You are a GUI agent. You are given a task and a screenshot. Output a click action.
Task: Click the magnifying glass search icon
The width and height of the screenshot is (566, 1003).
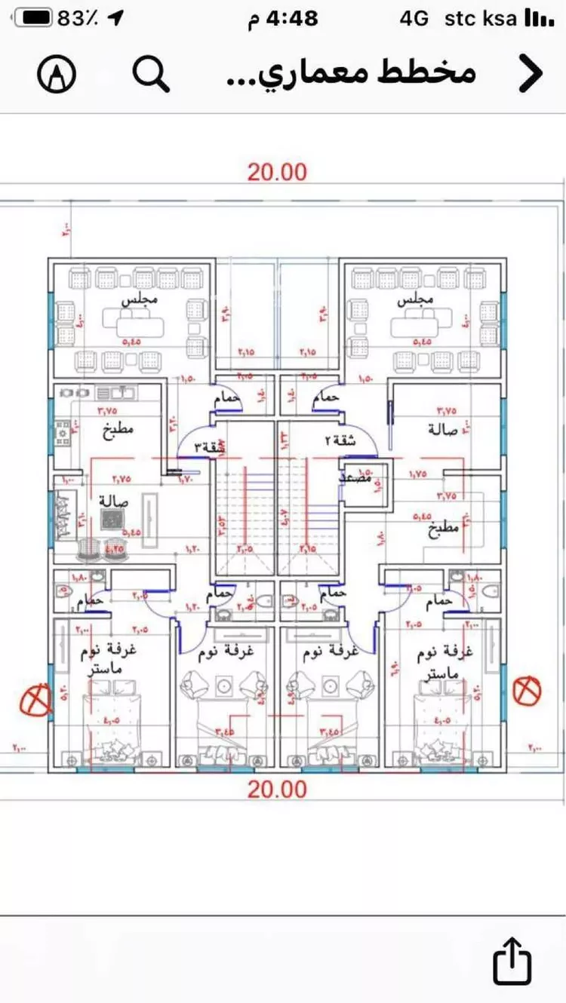pyautogui.click(x=151, y=74)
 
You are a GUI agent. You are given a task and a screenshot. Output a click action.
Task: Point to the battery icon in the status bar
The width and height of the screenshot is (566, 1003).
pyautogui.click(x=32, y=18)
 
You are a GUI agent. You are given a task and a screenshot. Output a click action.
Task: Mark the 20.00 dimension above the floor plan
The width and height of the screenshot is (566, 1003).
pyautogui.click(x=278, y=171)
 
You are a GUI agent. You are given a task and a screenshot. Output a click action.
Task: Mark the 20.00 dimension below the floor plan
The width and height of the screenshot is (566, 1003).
pyautogui.click(x=278, y=789)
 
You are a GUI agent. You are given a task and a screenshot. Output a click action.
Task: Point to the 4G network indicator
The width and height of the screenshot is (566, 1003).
pyautogui.click(x=414, y=18)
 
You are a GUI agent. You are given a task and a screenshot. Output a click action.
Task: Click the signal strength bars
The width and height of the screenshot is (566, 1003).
pyautogui.click(x=537, y=18)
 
